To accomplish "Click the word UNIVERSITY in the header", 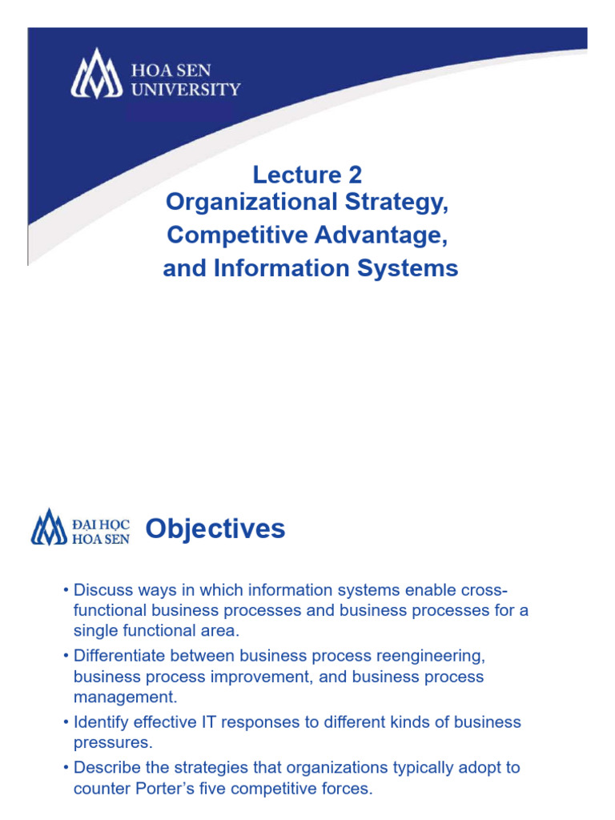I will (185, 89).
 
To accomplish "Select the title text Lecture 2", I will (307, 175).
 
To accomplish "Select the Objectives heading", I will (215, 529).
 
